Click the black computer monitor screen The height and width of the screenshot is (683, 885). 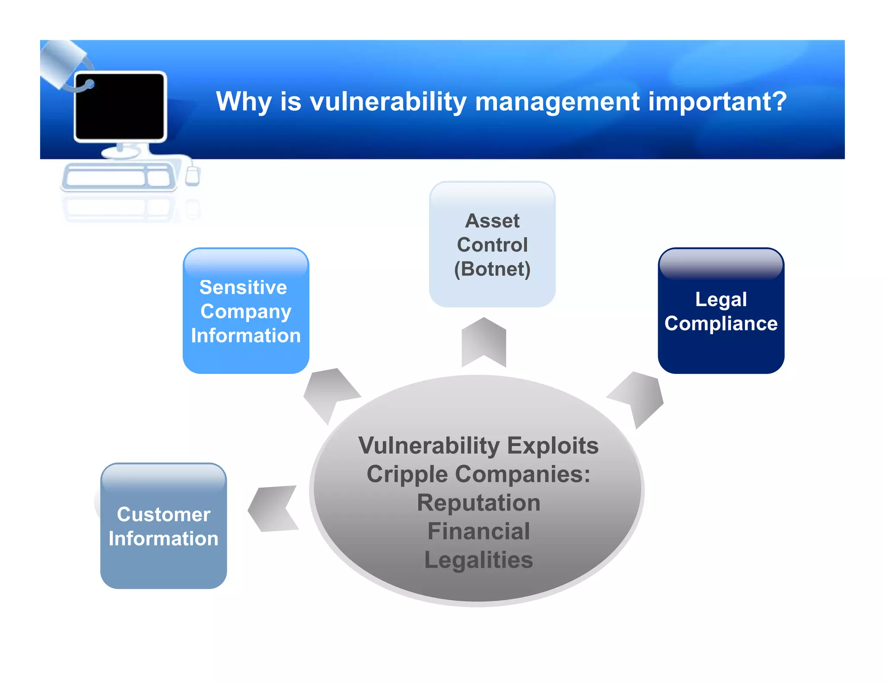119,106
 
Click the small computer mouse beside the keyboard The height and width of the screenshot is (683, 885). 192,176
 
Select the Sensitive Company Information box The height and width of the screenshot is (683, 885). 245,311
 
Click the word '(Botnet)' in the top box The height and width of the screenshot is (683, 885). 492,269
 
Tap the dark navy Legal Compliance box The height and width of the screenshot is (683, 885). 720,311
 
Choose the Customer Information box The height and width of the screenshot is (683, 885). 163,526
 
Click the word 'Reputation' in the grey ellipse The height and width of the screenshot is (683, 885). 478,503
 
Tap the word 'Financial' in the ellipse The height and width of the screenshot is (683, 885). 478,531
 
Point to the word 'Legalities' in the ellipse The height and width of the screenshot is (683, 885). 478,560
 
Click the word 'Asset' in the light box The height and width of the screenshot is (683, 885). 492,221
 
